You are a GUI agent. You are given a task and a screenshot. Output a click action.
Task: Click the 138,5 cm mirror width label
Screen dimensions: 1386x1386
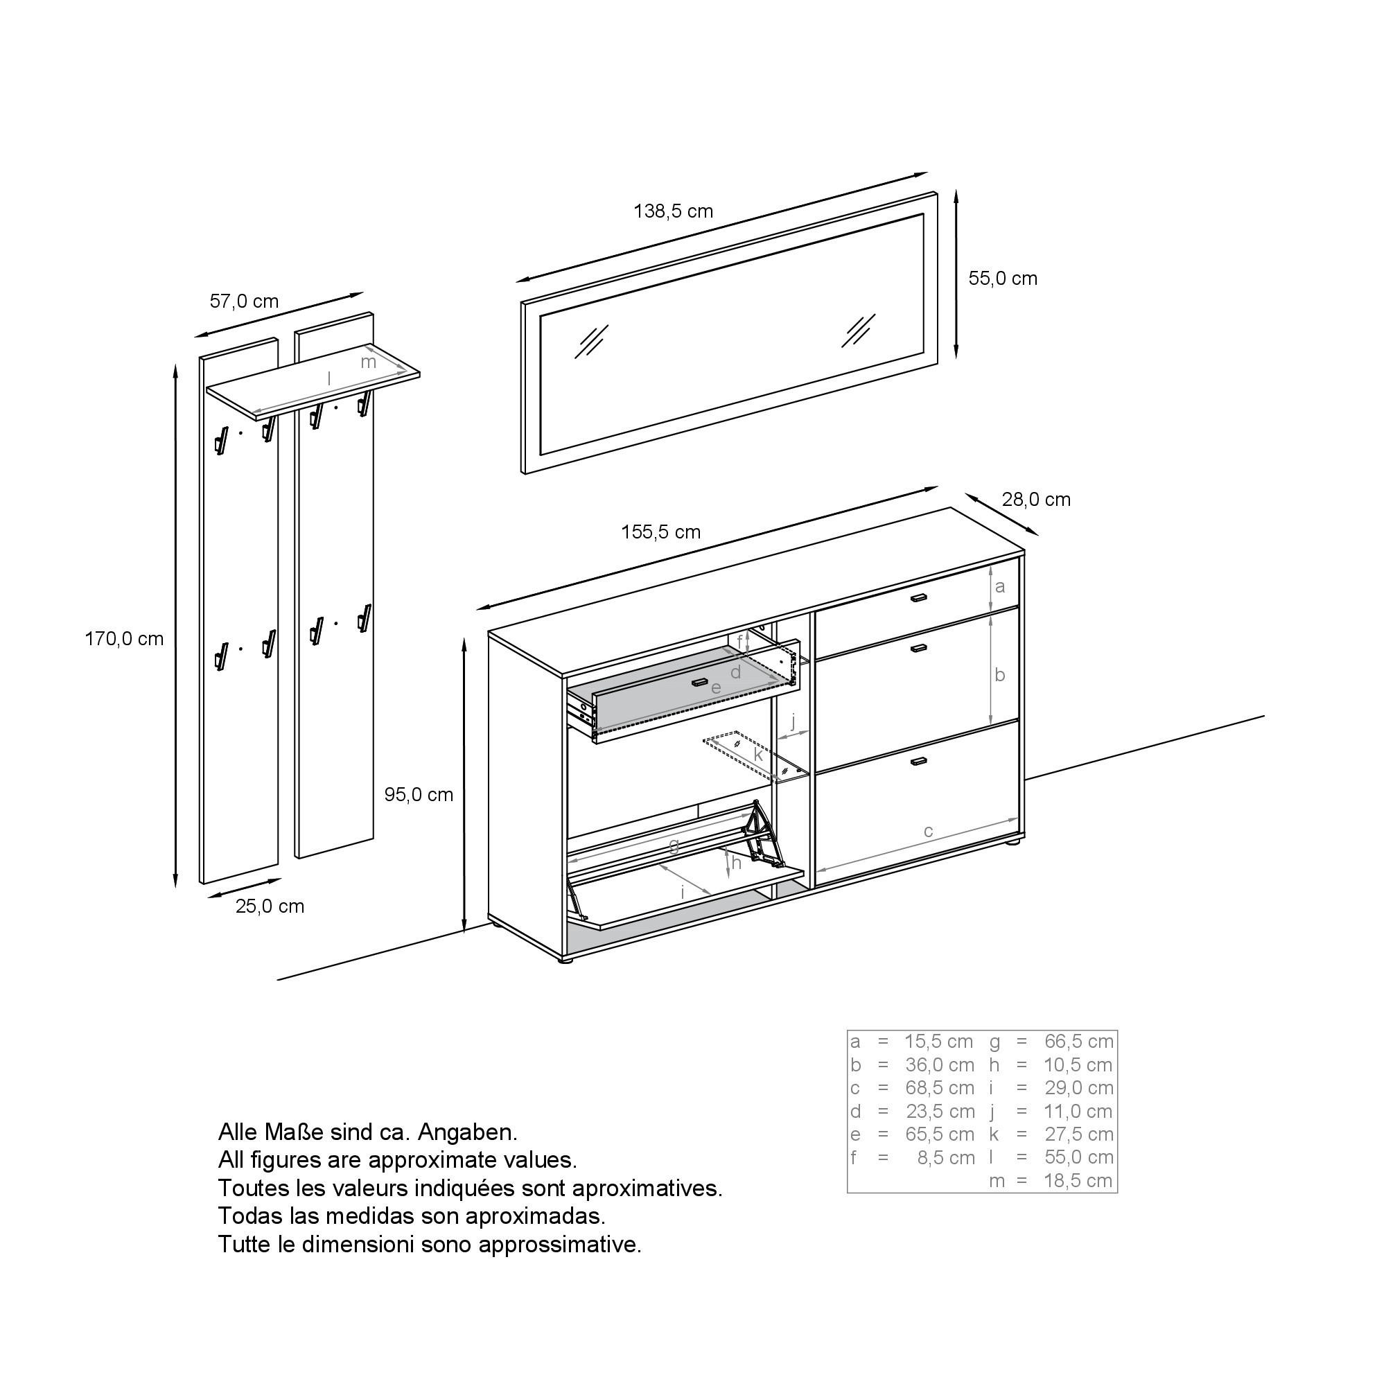click(x=673, y=211)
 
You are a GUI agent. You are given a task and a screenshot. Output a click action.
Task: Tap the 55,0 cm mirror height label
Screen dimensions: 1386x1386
click(x=1002, y=279)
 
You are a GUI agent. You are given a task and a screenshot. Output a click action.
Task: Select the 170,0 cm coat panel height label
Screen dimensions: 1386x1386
click(x=124, y=638)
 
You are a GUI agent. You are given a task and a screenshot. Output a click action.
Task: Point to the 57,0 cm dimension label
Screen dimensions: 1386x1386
click(x=244, y=301)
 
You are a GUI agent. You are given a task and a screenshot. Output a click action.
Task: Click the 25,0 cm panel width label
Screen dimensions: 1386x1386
click(x=270, y=906)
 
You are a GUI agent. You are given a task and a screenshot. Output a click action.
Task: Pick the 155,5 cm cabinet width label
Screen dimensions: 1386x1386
click(x=660, y=532)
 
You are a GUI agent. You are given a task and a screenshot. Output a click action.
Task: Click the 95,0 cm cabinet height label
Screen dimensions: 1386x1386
click(x=419, y=794)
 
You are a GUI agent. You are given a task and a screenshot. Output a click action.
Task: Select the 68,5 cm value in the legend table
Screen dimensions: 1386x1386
click(x=939, y=1087)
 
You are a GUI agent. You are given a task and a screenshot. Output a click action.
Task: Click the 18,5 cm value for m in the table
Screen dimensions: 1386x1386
click(x=1078, y=1180)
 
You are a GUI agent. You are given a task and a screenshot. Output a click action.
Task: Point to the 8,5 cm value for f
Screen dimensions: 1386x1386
click(x=945, y=1157)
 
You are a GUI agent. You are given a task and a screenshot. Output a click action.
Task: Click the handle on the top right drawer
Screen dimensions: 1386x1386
click(x=919, y=597)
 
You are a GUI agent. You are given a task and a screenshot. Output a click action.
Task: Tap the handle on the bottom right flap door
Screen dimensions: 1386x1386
click(x=919, y=760)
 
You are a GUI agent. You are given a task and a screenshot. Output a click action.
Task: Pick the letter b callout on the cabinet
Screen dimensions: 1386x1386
click(x=1000, y=674)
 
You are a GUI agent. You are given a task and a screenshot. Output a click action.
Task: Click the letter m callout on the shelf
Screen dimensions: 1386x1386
click(x=368, y=362)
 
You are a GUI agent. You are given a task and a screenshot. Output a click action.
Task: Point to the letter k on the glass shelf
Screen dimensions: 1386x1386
click(x=757, y=754)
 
